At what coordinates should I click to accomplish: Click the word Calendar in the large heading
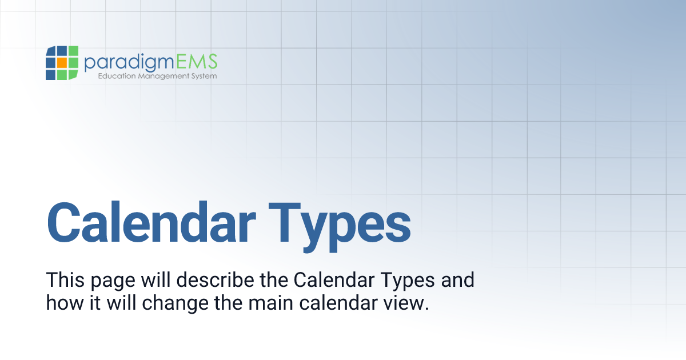pos(151,222)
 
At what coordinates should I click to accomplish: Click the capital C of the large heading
pos(67,222)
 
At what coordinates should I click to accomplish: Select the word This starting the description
pos(63,281)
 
